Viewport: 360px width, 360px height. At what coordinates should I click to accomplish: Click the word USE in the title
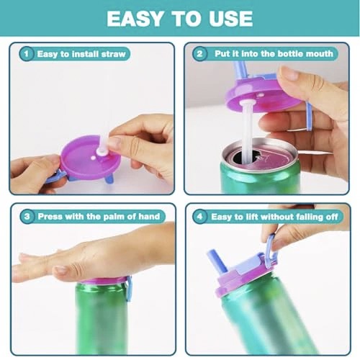(x=230, y=19)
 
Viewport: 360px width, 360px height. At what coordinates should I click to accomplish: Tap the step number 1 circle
(x=27, y=53)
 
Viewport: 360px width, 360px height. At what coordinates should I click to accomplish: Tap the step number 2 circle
(x=199, y=53)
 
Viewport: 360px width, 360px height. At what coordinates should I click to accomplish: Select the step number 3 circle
(x=27, y=217)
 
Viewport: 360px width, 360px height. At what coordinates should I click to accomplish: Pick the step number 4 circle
(x=199, y=217)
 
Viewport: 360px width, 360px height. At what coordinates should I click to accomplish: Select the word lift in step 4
(x=251, y=217)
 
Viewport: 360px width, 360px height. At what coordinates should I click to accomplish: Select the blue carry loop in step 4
(x=271, y=251)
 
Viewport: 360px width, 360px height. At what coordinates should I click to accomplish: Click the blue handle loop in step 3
(x=129, y=289)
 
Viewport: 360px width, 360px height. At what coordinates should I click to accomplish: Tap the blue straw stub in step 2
(x=240, y=70)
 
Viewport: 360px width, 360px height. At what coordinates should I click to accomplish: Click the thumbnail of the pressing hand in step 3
(x=60, y=270)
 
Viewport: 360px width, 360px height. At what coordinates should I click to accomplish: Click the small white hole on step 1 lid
(x=93, y=158)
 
